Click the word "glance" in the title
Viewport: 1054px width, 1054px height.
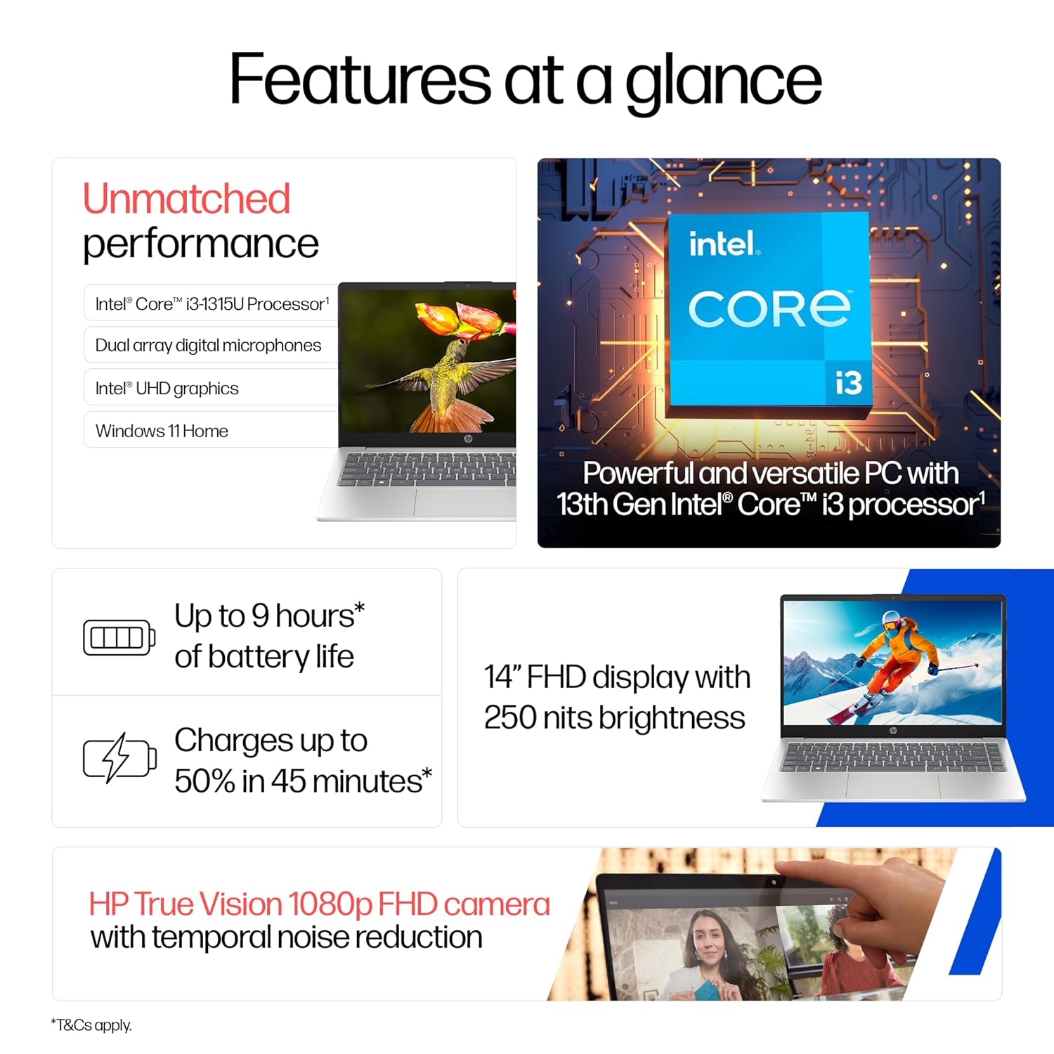pos(723,81)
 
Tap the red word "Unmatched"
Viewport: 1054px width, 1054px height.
pos(186,198)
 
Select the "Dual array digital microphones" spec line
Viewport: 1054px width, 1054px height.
pos(208,345)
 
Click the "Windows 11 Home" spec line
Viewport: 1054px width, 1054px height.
pos(162,431)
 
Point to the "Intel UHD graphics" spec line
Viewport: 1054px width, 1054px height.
pos(167,388)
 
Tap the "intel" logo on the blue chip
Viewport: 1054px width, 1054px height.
pos(723,244)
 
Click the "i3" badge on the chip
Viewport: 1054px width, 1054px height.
pos(848,383)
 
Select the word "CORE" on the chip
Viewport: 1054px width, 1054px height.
pos(769,309)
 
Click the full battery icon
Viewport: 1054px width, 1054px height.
pos(119,637)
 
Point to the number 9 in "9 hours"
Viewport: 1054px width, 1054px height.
pos(260,616)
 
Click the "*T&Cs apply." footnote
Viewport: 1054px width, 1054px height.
pos(91,1025)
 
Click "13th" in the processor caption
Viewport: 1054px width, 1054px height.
pos(582,504)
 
